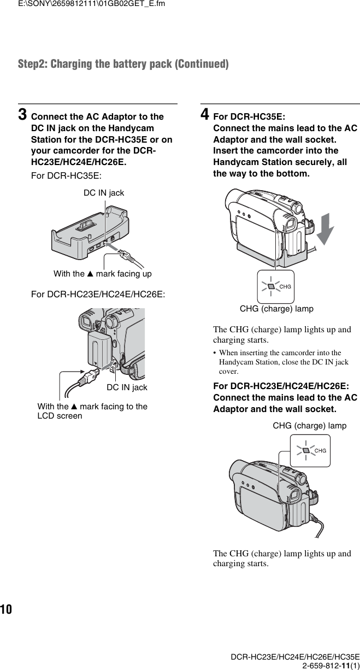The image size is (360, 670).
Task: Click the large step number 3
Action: tap(23, 115)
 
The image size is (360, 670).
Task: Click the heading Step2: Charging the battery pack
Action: tap(123, 64)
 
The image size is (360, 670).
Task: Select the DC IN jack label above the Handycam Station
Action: tap(103, 193)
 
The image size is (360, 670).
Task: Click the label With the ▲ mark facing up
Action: tap(102, 273)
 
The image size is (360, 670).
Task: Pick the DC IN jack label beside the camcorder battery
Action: tap(127, 387)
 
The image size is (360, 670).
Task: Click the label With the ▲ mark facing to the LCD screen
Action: tap(92, 411)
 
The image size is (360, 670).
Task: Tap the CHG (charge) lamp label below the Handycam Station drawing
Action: tap(276, 309)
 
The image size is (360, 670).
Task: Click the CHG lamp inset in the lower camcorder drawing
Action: tap(310, 450)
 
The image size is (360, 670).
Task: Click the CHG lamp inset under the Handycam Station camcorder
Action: tap(275, 286)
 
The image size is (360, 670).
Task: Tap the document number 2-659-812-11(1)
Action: tap(327, 663)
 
